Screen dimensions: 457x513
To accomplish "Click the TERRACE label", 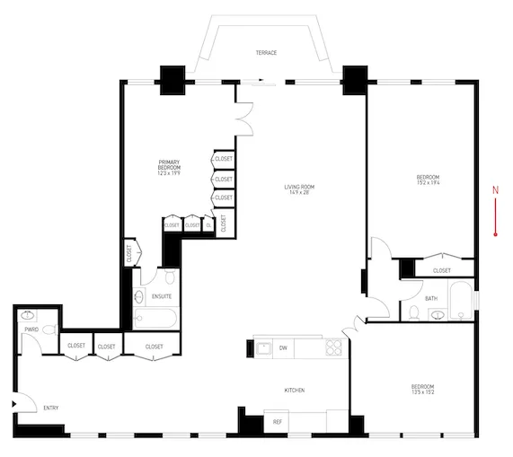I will (265, 53).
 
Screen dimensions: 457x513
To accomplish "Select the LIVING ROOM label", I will (299, 186).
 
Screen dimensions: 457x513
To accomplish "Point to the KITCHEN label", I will (295, 391).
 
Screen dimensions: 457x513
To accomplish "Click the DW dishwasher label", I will (283, 347).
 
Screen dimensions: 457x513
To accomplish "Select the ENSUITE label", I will (162, 296).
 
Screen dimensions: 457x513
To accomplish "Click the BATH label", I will (431, 298).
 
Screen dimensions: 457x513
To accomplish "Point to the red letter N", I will (495, 189).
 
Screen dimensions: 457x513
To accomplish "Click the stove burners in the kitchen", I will (333, 347).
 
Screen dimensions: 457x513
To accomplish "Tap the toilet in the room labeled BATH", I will (414, 312).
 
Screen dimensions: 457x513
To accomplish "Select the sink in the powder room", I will (29, 316).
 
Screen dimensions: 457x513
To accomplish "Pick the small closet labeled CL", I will (208, 225).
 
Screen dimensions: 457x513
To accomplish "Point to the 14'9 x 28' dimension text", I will (299, 193).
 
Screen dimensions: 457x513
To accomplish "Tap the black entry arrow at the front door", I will (13, 405).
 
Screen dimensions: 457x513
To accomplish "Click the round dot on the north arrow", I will (495, 233).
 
